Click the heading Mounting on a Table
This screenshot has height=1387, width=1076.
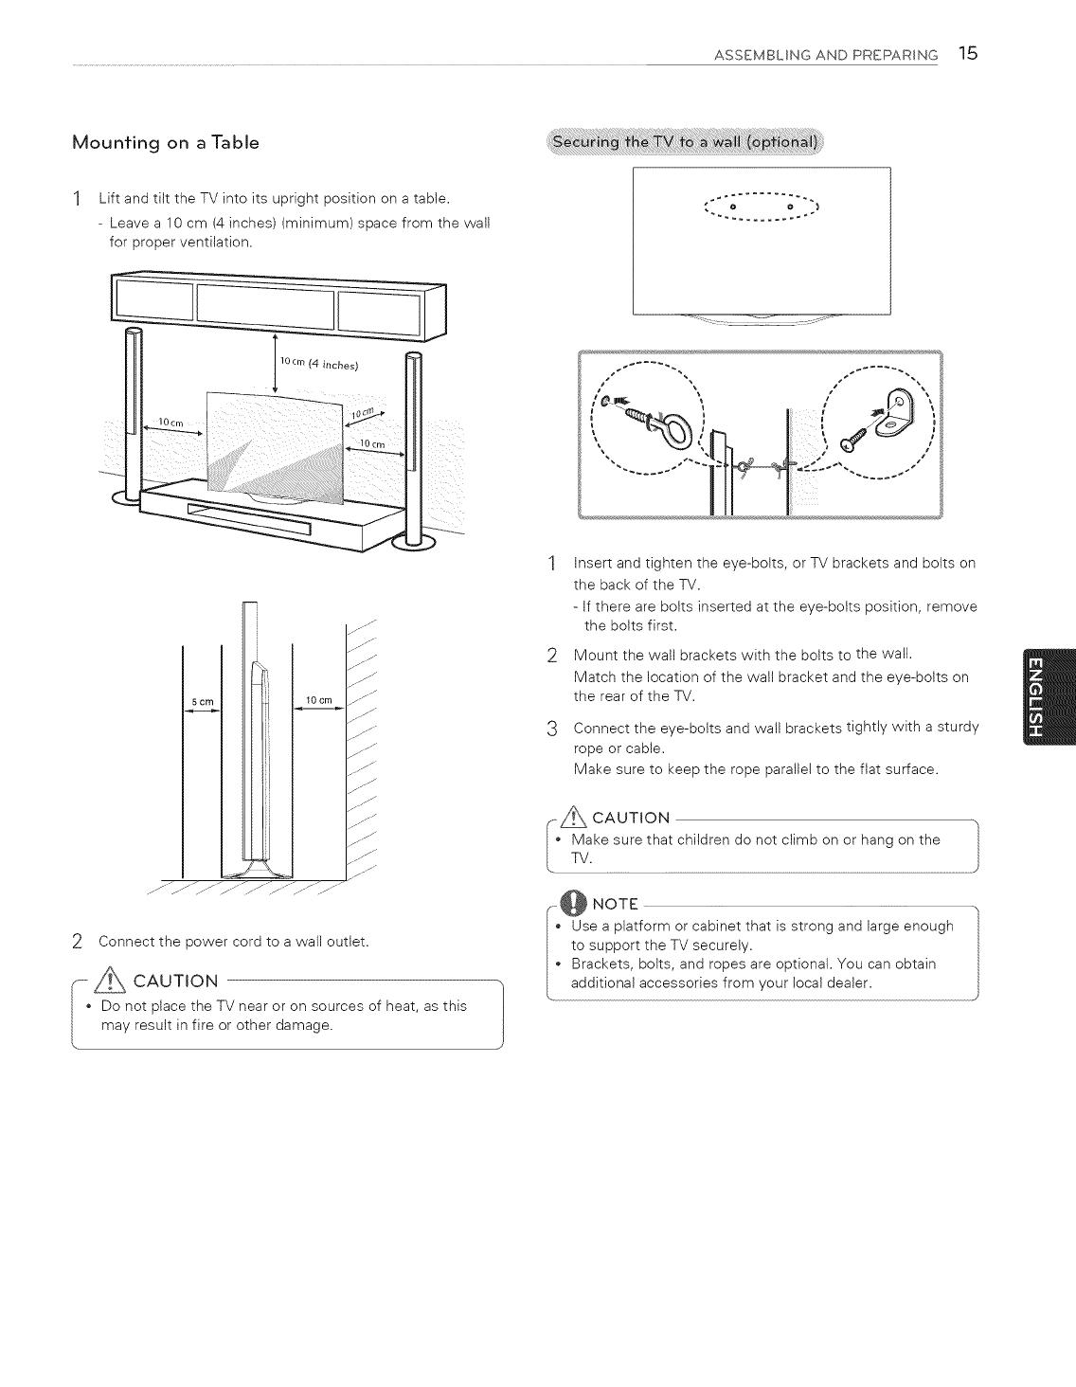click(166, 143)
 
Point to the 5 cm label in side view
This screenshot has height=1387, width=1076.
click(203, 701)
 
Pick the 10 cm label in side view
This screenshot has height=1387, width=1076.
click(316, 700)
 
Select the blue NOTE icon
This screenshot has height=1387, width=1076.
click(574, 903)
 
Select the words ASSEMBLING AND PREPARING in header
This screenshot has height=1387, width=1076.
click(825, 55)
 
